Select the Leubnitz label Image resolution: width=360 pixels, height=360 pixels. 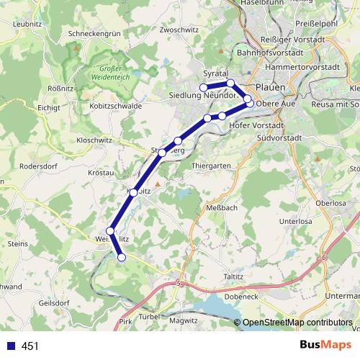pyautogui.click(x=27, y=24)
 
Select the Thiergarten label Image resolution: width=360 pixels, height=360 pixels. pyautogui.click(x=211, y=165)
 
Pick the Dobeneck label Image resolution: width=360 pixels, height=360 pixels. pyautogui.click(x=241, y=296)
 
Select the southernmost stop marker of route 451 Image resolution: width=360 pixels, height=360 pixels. pyautogui.click(x=122, y=257)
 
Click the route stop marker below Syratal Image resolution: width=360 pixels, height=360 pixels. pyautogui.click(x=230, y=84)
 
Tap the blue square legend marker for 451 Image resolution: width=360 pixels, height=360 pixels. pyautogui.click(x=9, y=346)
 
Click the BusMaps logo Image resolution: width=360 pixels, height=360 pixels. pyautogui.click(x=321, y=346)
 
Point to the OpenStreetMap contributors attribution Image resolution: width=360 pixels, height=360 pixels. pyautogui.click(x=297, y=323)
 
